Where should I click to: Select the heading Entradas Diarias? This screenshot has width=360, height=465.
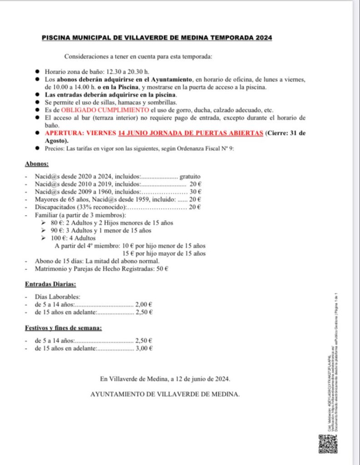coord(50,284)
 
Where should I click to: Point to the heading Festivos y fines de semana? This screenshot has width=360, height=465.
coord(63,327)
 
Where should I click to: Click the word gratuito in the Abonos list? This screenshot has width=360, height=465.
coord(190,176)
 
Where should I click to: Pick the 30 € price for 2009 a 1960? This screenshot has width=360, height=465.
coord(196,192)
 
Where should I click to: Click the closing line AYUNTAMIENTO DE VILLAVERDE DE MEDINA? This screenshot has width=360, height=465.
coord(165,394)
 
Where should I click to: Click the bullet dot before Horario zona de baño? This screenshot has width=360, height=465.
coord(37,72)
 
